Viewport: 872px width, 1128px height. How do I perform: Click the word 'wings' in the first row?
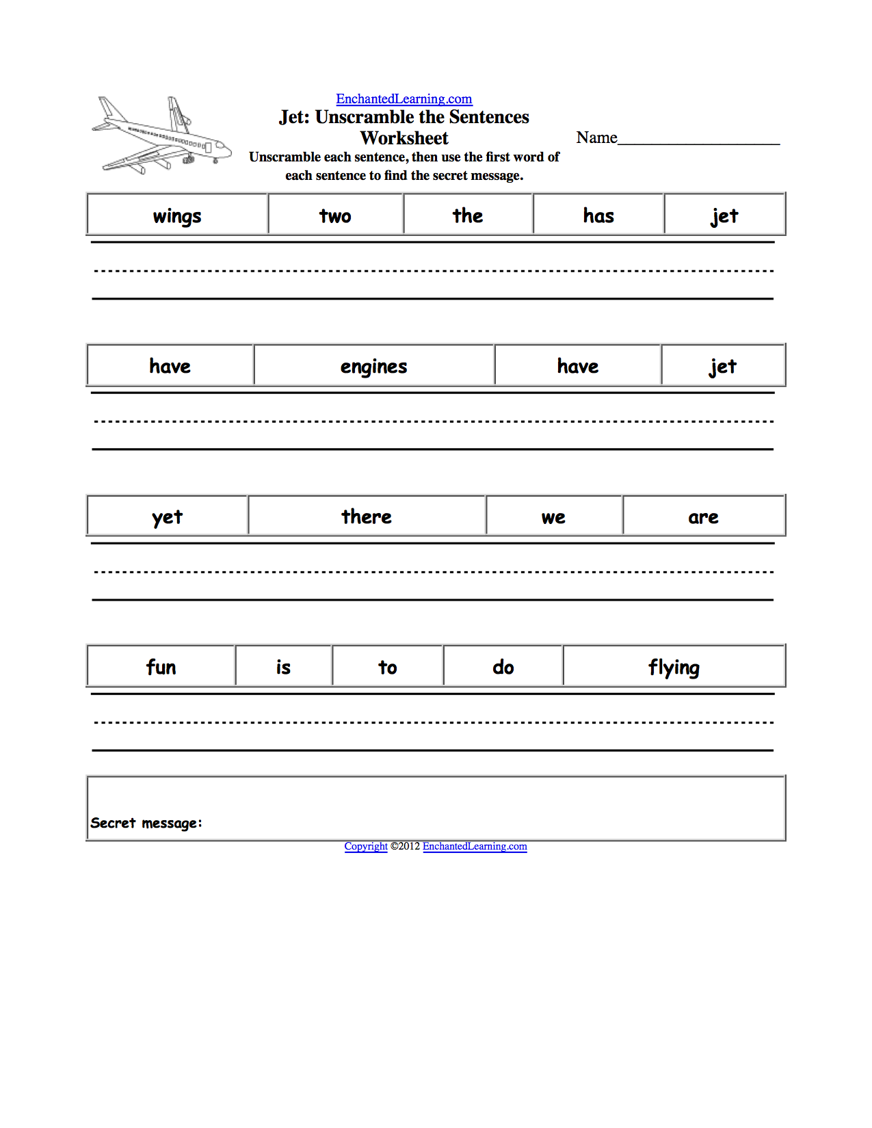pyautogui.click(x=177, y=216)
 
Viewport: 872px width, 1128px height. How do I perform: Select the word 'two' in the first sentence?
pyautogui.click(x=335, y=216)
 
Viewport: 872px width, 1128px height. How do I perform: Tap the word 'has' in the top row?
pyautogui.click(x=598, y=216)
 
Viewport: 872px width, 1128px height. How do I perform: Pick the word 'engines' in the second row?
pyautogui.click(x=373, y=367)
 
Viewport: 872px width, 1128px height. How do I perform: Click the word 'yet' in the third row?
pyautogui.click(x=167, y=517)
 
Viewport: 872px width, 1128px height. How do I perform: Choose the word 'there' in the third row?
pyautogui.click(x=367, y=516)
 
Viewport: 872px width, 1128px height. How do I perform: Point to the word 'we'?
pyautogui.click(x=553, y=518)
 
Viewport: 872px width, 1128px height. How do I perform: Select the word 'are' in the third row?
pyautogui.click(x=703, y=518)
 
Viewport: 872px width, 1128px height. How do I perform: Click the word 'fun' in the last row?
pyautogui.click(x=161, y=667)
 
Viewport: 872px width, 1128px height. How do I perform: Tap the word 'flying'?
pyautogui.click(x=674, y=668)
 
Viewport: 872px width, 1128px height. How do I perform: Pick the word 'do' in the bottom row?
pyautogui.click(x=503, y=667)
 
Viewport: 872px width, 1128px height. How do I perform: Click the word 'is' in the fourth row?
pyautogui.click(x=283, y=667)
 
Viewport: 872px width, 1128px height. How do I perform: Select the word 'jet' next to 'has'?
pyautogui.click(x=724, y=216)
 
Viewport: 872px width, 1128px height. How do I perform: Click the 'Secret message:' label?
pyautogui.click(x=146, y=823)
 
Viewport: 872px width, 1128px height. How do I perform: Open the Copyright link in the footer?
pyautogui.click(x=366, y=846)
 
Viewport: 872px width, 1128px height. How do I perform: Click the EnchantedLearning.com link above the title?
pyautogui.click(x=404, y=99)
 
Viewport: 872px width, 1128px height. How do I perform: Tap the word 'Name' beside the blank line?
pyautogui.click(x=596, y=137)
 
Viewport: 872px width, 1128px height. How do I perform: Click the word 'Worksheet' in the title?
pyautogui.click(x=404, y=138)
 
